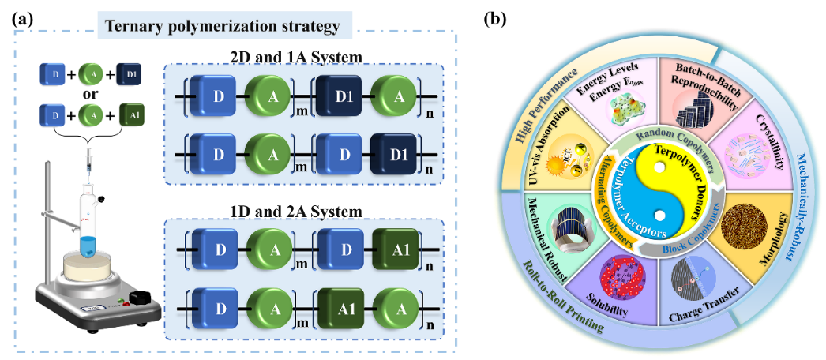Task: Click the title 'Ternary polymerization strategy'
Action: coord(223,26)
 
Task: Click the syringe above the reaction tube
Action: coord(88,162)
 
